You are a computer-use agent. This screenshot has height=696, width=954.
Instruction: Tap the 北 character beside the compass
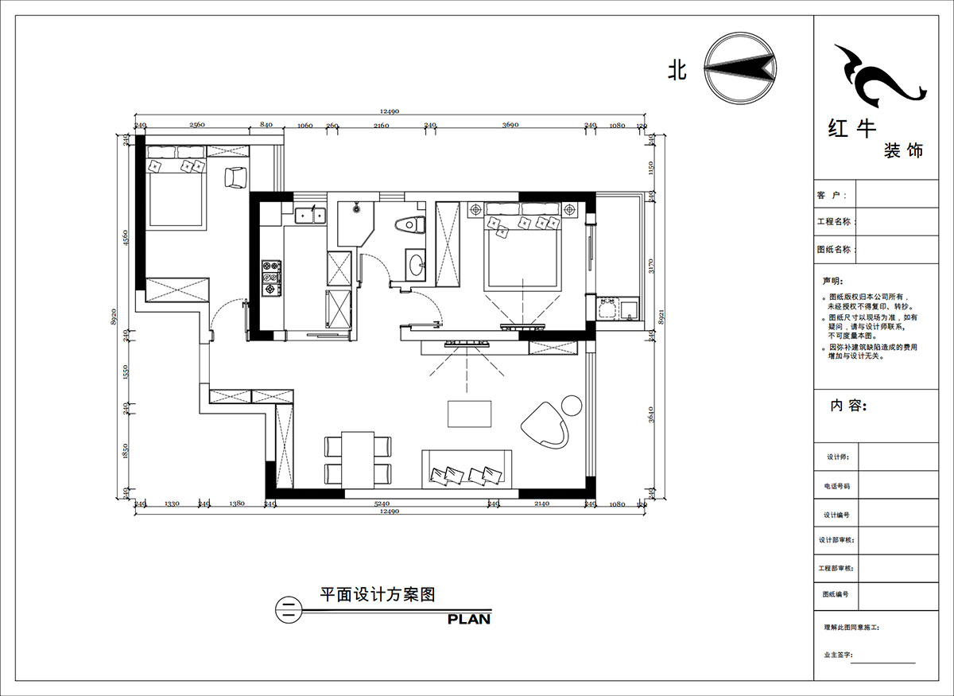tap(677, 71)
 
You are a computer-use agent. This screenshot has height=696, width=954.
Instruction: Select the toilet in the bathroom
tap(409, 225)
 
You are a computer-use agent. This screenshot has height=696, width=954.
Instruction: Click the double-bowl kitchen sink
tap(308, 214)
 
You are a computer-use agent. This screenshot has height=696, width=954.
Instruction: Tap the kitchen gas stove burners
tap(270, 278)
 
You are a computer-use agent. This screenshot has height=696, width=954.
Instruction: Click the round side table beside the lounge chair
tap(572, 406)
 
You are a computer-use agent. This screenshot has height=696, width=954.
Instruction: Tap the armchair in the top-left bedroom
tap(236, 178)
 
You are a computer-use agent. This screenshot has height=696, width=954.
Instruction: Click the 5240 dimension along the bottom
tap(382, 504)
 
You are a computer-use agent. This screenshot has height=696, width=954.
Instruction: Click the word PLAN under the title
tap(468, 619)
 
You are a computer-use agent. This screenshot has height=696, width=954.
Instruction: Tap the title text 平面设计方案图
tap(377, 594)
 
